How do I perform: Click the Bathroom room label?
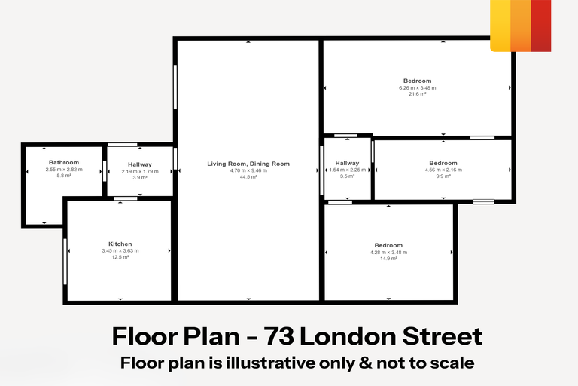64,163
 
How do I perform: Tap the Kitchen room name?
120,244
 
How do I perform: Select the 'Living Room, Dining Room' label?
248,164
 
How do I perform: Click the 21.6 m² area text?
418,94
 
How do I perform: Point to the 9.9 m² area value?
443,176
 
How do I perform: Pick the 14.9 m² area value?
388,259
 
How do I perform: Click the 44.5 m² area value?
248,177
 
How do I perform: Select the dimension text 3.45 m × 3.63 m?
120,251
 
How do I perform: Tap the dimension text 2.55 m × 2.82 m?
64,170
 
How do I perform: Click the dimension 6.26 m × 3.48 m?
418,87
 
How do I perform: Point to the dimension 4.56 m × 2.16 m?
443,170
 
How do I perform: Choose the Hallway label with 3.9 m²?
140,164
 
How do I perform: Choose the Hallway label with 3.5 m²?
347,163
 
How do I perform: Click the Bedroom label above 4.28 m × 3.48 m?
388,245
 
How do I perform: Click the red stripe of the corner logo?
540,26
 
